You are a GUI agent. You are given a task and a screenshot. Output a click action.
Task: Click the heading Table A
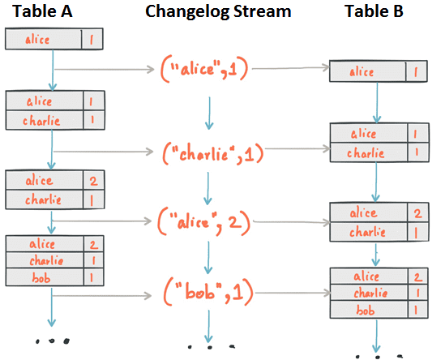(x=42, y=12)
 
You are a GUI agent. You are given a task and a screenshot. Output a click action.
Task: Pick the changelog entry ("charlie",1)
(x=212, y=151)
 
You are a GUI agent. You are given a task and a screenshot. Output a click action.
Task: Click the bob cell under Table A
(x=41, y=277)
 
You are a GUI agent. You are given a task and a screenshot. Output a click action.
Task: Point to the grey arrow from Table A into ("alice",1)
(x=105, y=71)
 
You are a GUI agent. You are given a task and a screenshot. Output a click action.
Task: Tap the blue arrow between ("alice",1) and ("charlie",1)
(x=209, y=113)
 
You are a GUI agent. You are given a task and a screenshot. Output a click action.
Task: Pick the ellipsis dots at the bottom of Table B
(x=374, y=353)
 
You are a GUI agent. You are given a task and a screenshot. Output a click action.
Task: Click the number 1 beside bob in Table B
(x=414, y=310)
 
